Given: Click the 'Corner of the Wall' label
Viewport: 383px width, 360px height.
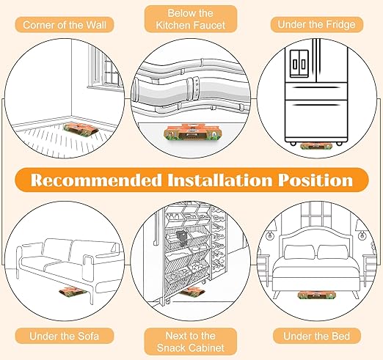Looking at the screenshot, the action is click(65, 25).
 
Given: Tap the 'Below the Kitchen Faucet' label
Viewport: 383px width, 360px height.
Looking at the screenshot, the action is click(191, 19).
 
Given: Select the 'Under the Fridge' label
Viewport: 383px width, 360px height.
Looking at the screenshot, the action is click(316, 24).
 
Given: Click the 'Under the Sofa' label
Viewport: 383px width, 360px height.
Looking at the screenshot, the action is click(65, 336).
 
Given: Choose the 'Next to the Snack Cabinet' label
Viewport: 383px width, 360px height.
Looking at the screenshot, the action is click(191, 342).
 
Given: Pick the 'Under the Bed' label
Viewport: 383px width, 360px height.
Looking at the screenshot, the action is click(316, 336).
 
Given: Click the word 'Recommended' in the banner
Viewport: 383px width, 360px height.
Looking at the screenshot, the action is click(96, 180).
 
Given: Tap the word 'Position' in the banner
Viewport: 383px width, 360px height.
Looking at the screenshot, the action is click(315, 180).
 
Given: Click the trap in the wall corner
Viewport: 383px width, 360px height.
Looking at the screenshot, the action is click(81, 128).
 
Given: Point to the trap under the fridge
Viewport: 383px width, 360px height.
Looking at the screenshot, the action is click(316, 146).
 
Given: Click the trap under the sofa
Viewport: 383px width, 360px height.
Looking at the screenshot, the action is click(73, 291).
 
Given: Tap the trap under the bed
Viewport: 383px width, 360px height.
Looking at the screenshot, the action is click(317, 295).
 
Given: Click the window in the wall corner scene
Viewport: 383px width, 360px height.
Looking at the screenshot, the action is click(106, 67).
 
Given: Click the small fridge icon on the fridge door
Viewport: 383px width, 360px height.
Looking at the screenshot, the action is click(299, 64).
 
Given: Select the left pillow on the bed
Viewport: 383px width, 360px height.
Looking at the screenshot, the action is click(299, 252).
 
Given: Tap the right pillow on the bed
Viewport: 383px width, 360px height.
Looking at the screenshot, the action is click(333, 252).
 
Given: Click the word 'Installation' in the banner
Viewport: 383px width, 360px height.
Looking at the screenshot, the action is click(220, 180).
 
